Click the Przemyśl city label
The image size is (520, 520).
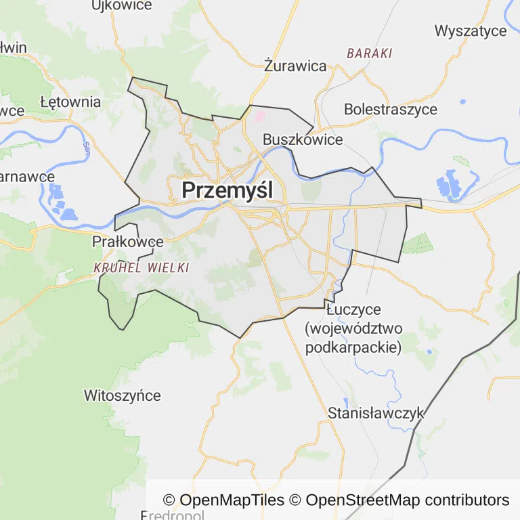click(x=227, y=190)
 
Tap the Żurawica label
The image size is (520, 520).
click(x=295, y=66)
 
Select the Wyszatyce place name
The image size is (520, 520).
click(x=471, y=30)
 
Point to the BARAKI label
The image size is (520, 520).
click(x=369, y=53)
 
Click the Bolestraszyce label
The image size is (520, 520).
click(x=391, y=109)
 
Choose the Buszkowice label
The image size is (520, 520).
click(x=303, y=139)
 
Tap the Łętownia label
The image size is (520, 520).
click(x=70, y=102)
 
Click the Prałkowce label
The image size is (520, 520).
click(x=128, y=241)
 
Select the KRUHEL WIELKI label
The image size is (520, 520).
click(x=141, y=267)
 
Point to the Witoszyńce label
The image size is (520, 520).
click(x=123, y=395)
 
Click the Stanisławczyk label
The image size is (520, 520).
click(x=376, y=412)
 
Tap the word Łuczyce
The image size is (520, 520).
click(x=353, y=309)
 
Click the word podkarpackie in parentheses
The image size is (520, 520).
click(x=353, y=347)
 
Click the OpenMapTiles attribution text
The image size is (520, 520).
click(x=223, y=500)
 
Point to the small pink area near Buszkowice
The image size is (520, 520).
click(x=259, y=116)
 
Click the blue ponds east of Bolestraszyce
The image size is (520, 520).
click(x=448, y=184)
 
